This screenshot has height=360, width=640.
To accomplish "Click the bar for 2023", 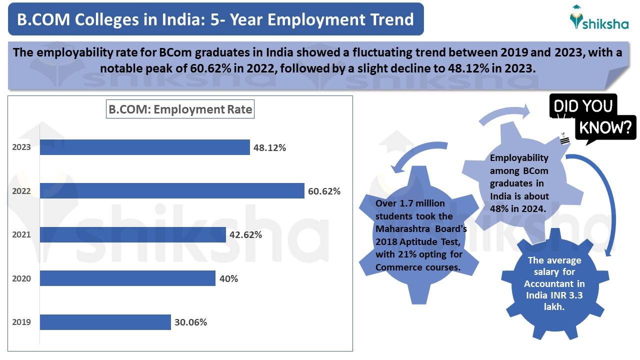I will tap(145, 147).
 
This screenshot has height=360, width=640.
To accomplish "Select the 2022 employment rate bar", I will tap(172, 190).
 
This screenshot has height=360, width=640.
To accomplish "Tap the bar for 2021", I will tap(133, 234).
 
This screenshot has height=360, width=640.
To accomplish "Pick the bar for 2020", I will tap(127, 278).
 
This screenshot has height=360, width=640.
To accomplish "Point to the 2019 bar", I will tap(105, 322).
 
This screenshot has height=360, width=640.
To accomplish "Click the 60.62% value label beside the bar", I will tap(324, 191).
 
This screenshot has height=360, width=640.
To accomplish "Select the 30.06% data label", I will tap(190, 322).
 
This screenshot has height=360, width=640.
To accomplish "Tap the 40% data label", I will tap(228, 278).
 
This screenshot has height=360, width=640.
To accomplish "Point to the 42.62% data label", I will tap(245, 234).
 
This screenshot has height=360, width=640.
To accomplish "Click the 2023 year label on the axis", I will tap(21, 147).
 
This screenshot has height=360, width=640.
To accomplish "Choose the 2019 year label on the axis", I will tap(21, 322).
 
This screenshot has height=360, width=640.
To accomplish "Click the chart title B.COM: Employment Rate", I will tap(180, 109).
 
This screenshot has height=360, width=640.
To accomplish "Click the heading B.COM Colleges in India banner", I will tap(215, 19).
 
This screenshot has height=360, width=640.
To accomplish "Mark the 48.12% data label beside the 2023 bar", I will tap(269, 147).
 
